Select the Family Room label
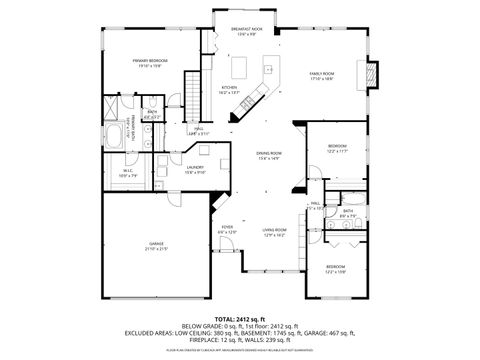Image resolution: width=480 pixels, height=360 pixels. click(x=321, y=76)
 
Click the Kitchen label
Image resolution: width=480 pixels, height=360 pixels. click(x=230, y=89)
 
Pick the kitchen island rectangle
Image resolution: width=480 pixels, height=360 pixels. click(x=239, y=68)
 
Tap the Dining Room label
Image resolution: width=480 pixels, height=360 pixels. click(x=268, y=155)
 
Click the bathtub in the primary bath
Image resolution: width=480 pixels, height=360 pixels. click(x=112, y=138)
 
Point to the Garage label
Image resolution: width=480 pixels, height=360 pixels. click(x=157, y=246)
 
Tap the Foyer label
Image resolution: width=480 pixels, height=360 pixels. click(x=228, y=229)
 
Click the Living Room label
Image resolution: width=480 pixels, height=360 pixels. click(x=275, y=232)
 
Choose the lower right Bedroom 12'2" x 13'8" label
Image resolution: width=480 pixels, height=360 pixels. click(x=336, y=268)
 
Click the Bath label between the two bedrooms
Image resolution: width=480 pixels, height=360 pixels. click(x=347, y=211)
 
